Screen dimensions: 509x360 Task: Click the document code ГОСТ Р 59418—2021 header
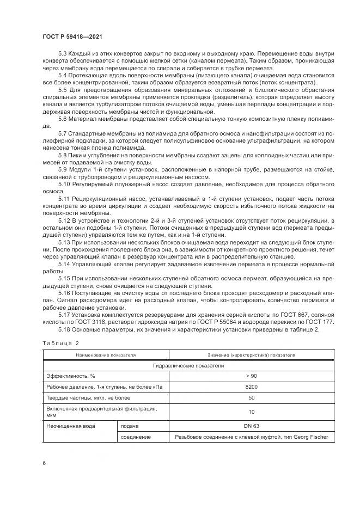click(72, 36)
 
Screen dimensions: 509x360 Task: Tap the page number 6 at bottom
click(44, 462)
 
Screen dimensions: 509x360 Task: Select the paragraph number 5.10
click(64, 185)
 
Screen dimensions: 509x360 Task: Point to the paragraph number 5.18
click(64, 330)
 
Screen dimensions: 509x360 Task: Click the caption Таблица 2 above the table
click(61, 344)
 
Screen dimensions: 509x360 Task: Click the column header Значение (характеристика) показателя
click(251, 355)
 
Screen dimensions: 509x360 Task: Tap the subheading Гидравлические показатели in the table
click(188, 365)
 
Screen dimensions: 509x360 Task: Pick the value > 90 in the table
click(251, 376)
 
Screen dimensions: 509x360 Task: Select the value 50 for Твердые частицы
click(251, 397)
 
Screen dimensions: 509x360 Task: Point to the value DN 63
click(251, 426)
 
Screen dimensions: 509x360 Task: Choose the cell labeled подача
click(130, 426)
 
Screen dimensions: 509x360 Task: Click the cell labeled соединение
click(135, 437)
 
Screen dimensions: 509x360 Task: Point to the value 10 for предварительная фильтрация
click(251, 412)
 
